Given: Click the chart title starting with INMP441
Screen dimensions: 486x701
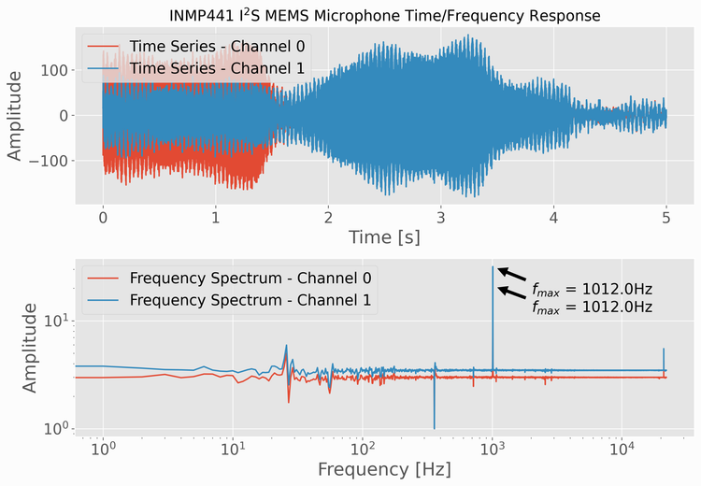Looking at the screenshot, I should [x=371, y=16].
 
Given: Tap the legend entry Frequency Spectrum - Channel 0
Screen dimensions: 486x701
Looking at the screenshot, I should [x=250, y=278].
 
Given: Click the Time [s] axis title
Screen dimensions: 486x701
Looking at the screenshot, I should [x=384, y=237].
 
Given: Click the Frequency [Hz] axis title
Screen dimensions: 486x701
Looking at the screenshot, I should [x=384, y=466].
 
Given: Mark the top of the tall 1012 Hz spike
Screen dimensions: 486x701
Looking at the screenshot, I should [x=493, y=267].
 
